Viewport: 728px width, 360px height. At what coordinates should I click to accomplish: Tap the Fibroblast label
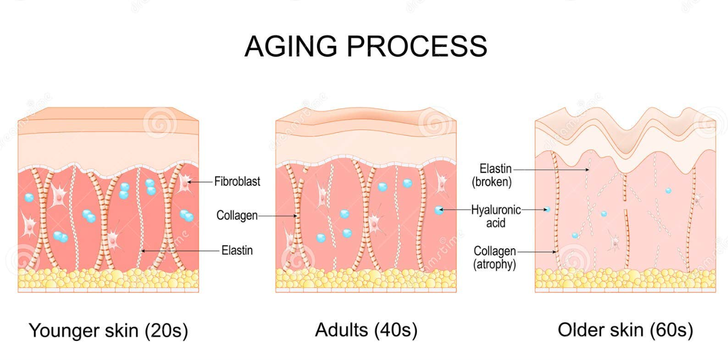(237, 182)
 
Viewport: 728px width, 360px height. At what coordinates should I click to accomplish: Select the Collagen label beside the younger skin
(237, 216)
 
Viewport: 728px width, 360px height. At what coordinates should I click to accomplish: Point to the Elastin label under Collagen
(237, 250)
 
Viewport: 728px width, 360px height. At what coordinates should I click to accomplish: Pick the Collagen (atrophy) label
(495, 257)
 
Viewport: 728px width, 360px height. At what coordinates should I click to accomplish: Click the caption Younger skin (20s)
(108, 331)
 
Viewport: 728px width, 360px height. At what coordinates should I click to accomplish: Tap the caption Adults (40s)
(366, 330)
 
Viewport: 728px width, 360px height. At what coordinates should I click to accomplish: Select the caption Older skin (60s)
(625, 330)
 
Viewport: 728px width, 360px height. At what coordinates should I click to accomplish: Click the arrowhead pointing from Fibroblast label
(190, 182)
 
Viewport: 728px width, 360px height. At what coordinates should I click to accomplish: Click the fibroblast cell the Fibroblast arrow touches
(184, 183)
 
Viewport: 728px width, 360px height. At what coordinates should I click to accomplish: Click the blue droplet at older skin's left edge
(547, 210)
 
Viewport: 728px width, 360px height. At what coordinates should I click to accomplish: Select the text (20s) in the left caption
(167, 331)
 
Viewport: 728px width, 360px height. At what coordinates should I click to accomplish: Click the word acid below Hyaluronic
(496, 222)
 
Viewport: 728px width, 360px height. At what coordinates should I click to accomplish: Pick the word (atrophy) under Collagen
(495, 264)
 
